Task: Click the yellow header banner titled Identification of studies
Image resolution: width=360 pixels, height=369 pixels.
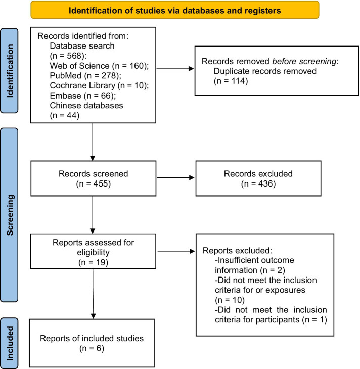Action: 175,10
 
